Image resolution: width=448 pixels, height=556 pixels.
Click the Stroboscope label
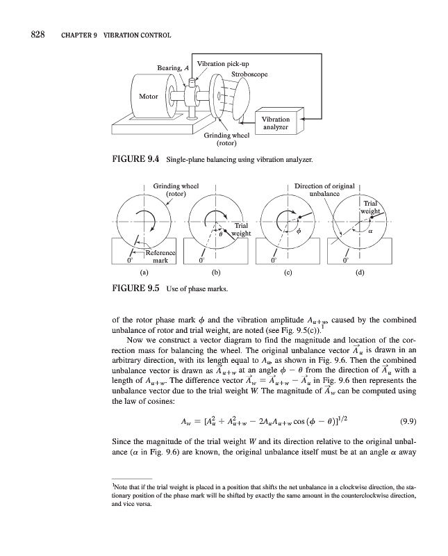tap(249, 74)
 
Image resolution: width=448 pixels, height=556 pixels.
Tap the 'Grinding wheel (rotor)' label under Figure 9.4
tap(226, 140)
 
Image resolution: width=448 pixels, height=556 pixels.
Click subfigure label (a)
tap(144, 272)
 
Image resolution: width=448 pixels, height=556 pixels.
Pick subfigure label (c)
tap(288, 272)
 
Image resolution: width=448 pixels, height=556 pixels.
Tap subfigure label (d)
tap(358, 272)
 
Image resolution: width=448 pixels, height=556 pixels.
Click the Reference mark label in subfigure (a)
tap(160, 255)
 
